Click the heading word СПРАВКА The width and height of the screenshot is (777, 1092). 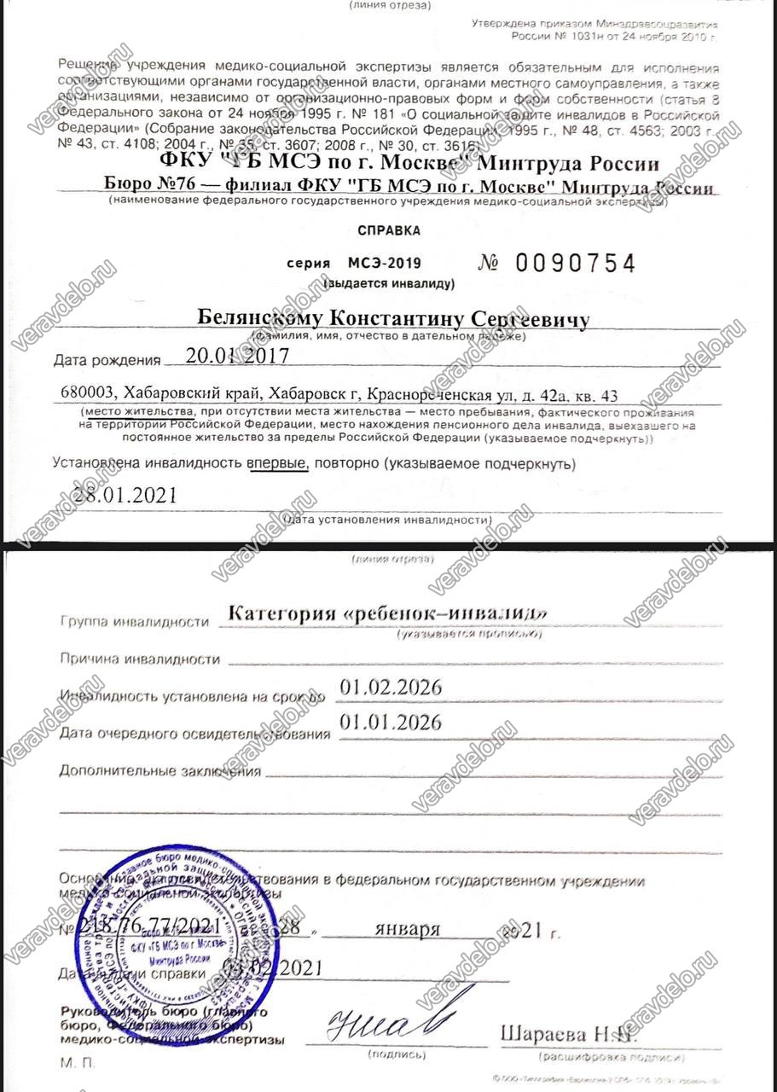388,229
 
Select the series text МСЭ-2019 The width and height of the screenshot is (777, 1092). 384,264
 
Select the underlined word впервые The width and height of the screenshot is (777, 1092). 277,464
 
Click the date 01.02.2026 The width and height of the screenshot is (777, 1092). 391,688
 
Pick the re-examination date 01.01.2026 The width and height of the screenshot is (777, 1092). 391,723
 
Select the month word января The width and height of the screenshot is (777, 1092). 408,929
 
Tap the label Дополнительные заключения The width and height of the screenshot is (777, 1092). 160,771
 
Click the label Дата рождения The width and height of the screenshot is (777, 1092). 107,360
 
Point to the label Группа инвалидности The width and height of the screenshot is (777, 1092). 134,621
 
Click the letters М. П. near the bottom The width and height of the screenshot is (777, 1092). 72,1063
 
